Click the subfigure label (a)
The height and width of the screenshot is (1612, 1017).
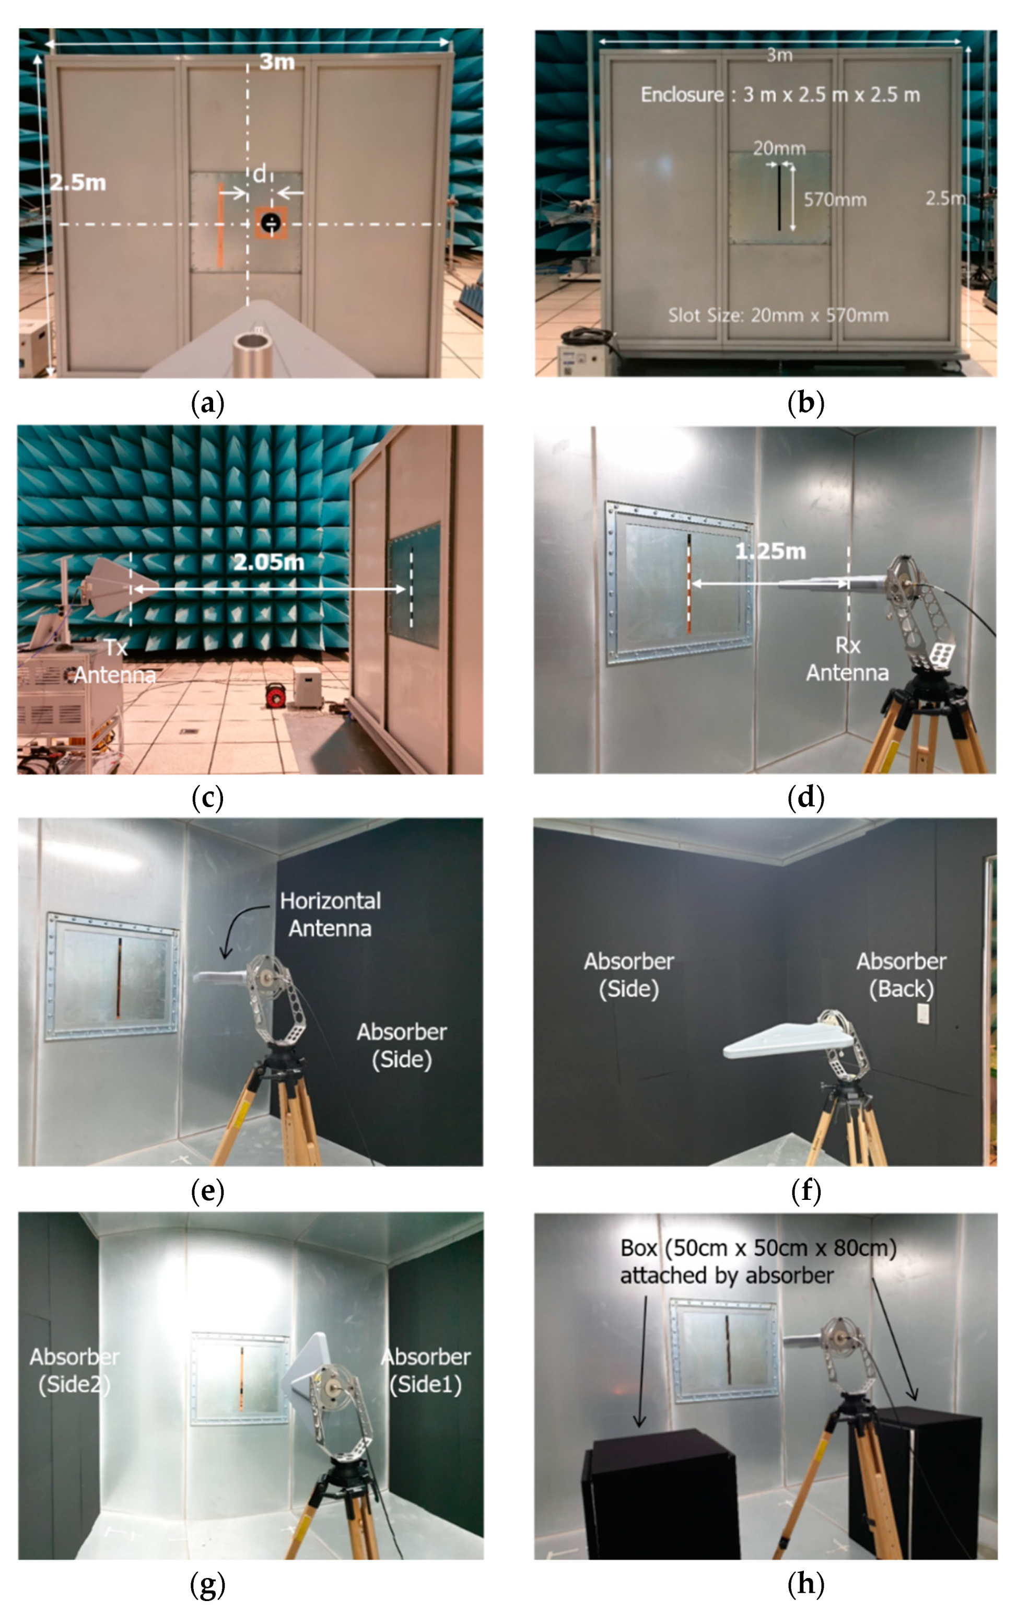point(207,404)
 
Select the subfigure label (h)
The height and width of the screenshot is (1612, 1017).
point(806,1584)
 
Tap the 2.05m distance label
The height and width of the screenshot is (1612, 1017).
point(268,562)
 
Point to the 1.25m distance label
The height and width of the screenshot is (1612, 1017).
point(770,552)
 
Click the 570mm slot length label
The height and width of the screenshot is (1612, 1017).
point(835,200)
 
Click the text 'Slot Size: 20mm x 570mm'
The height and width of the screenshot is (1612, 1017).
point(778,316)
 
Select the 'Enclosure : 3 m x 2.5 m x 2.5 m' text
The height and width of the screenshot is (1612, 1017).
point(780,95)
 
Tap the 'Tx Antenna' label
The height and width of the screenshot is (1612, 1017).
point(114,661)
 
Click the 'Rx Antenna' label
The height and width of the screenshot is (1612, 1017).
point(847,659)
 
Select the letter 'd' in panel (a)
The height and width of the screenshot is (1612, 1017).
point(260,174)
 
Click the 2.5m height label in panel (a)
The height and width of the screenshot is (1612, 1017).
point(78,182)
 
